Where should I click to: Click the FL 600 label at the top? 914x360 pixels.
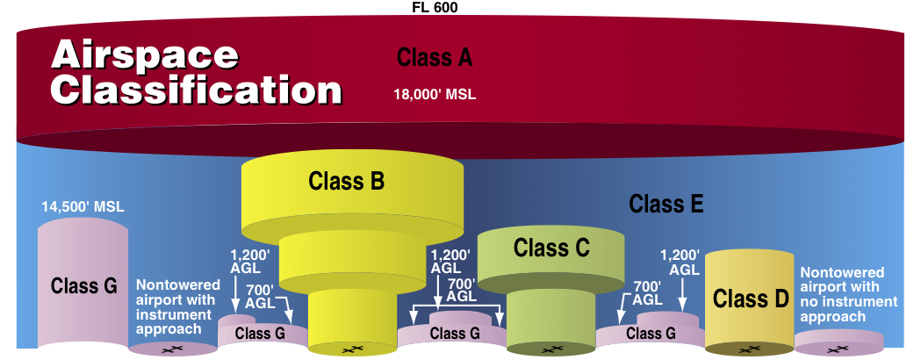[435, 7]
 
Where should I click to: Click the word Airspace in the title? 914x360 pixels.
[145, 54]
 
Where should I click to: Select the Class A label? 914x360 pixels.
[435, 58]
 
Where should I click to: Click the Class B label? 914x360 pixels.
[346, 182]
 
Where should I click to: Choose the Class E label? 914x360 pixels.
[666, 205]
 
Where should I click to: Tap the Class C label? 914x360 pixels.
[551, 248]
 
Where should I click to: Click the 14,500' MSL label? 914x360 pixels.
[83, 208]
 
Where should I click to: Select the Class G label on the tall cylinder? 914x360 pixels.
[84, 286]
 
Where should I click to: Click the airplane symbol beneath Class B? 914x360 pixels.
[352, 349]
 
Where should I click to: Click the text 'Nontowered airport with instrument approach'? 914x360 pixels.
[177, 307]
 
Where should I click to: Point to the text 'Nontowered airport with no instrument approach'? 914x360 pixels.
[848, 294]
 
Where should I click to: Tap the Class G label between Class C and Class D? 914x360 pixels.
[650, 334]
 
